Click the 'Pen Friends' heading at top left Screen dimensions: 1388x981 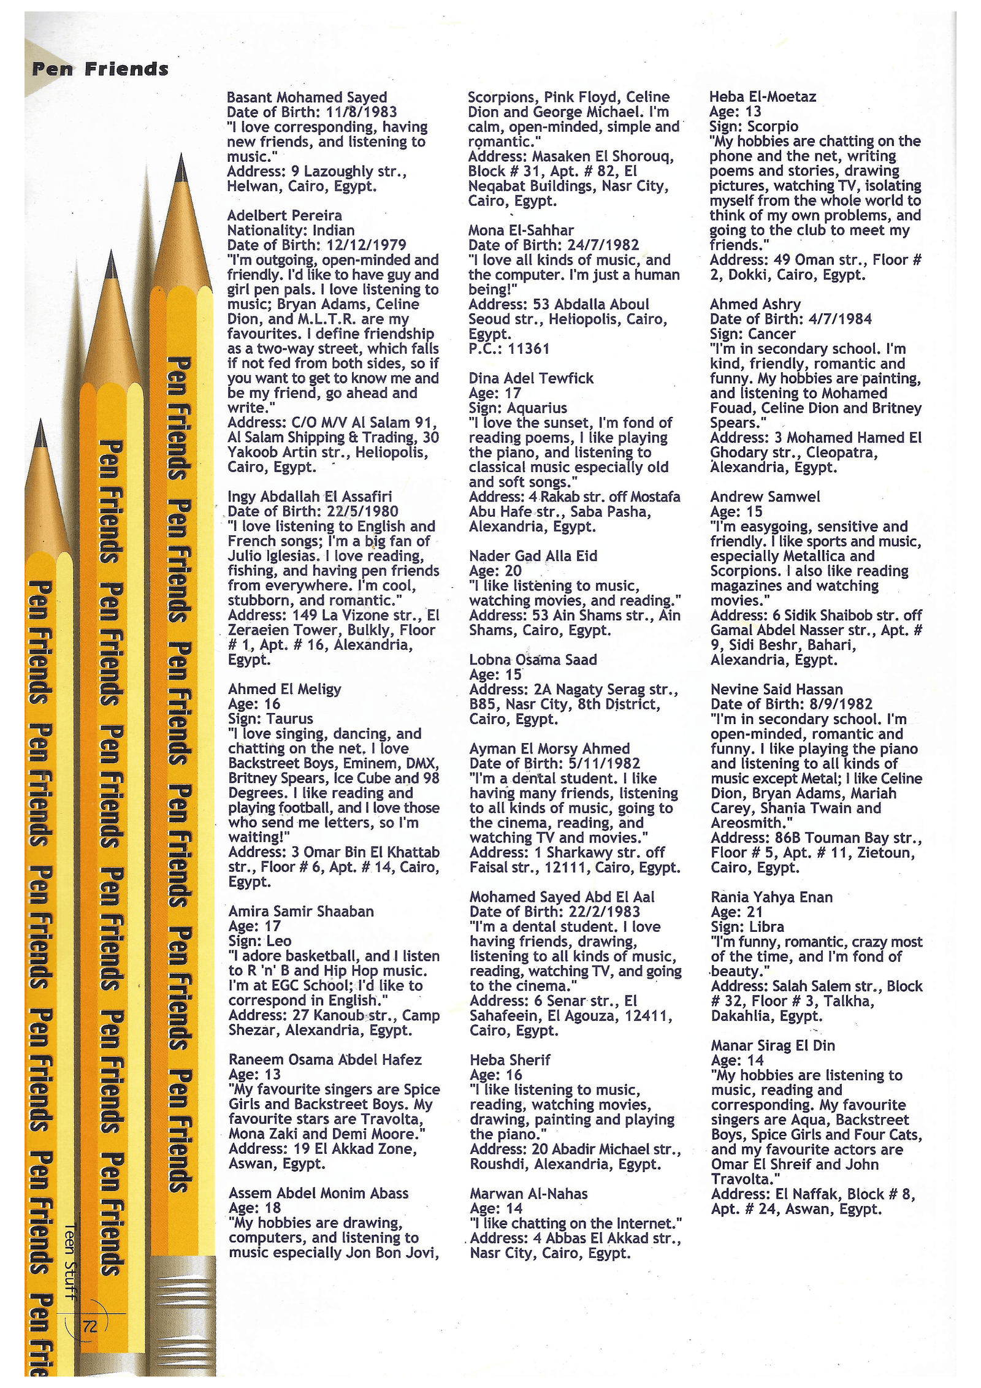[100, 69]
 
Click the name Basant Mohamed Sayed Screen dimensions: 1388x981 [307, 97]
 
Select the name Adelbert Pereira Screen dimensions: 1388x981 [284, 215]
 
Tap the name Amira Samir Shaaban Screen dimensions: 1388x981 [300, 911]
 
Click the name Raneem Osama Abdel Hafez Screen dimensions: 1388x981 [325, 1059]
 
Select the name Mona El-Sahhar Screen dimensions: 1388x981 [521, 230]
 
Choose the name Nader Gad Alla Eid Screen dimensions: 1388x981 [533, 556]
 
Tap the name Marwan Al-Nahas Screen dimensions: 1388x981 [529, 1194]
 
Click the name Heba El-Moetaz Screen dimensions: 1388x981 [763, 96]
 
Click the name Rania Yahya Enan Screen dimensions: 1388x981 [771, 897]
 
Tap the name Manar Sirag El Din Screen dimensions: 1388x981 [773, 1045]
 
